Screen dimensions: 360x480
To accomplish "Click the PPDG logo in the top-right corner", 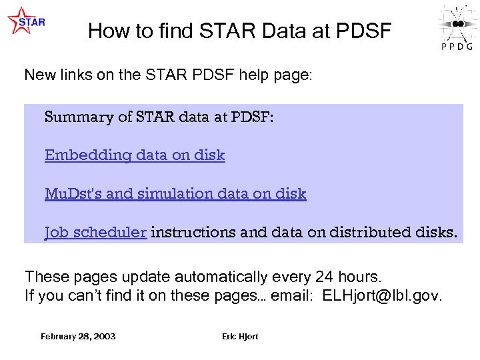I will (457, 27).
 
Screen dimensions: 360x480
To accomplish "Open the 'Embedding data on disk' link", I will (135, 155).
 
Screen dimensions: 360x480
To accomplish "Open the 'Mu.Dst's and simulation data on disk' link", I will (175, 194).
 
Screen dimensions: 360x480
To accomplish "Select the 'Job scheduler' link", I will (95, 233).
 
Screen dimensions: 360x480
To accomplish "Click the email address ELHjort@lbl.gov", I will (381, 295).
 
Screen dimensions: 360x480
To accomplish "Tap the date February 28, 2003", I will (78, 336).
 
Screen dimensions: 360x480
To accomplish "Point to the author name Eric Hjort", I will (240, 336).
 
